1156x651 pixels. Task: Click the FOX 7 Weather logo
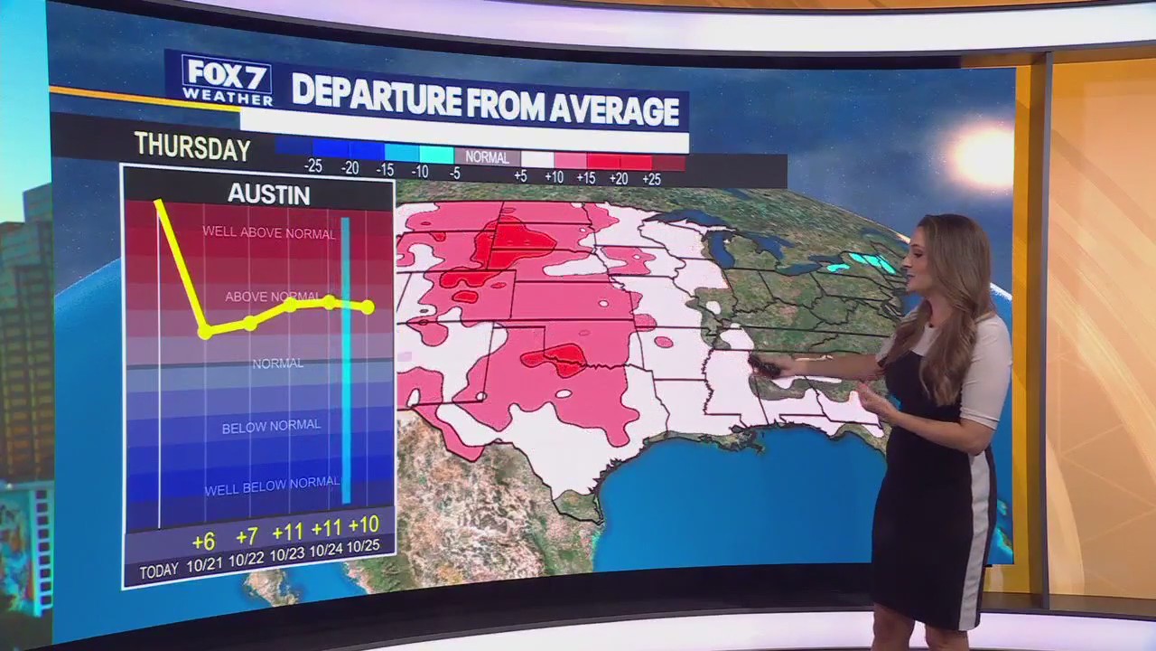point(227,80)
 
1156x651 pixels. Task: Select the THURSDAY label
point(192,146)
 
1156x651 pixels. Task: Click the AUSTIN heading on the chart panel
point(268,194)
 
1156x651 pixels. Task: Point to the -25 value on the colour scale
point(313,166)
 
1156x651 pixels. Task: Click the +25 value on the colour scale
point(651,179)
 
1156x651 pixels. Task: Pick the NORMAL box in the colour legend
point(487,157)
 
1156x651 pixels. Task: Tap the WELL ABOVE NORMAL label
point(268,232)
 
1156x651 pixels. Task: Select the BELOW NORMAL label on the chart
point(271,425)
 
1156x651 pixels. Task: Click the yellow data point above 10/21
point(205,332)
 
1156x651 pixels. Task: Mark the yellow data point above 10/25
point(367,307)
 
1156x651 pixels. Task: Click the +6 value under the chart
point(203,541)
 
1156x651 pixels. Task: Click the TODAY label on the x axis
point(159,571)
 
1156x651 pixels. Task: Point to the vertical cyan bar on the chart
point(346,362)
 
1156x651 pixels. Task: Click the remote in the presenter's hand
point(764,366)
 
